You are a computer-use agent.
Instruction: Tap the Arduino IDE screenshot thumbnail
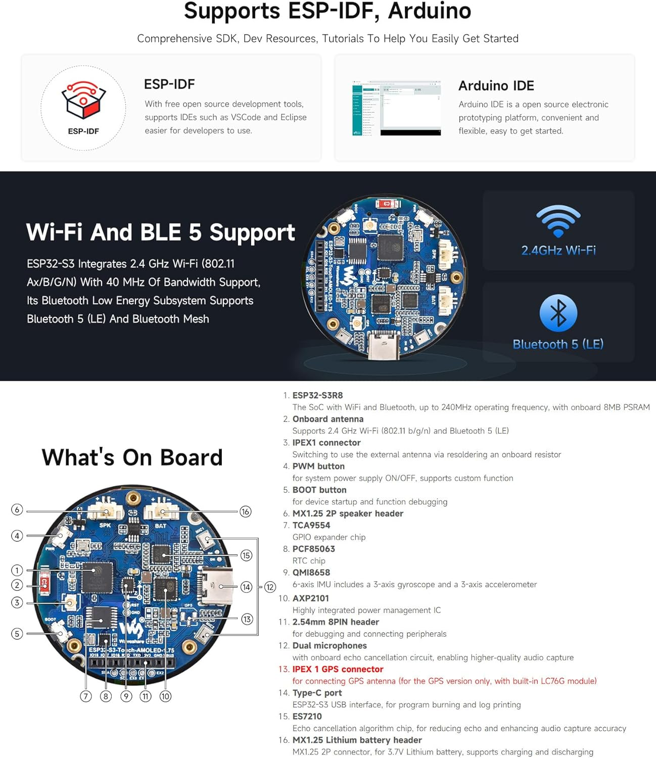click(397, 108)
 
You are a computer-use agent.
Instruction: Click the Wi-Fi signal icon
click(558, 221)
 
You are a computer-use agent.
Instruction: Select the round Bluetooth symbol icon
click(558, 313)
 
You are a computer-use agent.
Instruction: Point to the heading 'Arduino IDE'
click(496, 86)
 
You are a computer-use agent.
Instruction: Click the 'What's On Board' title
click(132, 457)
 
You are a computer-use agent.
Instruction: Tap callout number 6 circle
click(17, 509)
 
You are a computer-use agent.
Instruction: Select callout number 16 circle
click(245, 511)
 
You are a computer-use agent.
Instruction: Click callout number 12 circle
click(270, 587)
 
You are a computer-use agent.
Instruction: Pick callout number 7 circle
click(86, 696)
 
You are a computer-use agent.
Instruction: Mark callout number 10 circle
click(165, 696)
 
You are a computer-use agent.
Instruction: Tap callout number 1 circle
click(17, 570)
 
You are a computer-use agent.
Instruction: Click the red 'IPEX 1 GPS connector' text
click(338, 669)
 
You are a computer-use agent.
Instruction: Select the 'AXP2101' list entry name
click(310, 598)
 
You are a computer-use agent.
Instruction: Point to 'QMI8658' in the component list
click(311, 573)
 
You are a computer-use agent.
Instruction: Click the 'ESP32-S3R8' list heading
click(317, 395)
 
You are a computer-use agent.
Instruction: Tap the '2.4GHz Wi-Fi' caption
click(558, 250)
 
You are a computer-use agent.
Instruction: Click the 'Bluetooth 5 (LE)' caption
click(558, 344)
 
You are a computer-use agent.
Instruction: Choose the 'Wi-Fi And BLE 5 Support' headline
click(160, 232)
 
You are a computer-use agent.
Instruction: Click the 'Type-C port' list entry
click(317, 693)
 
